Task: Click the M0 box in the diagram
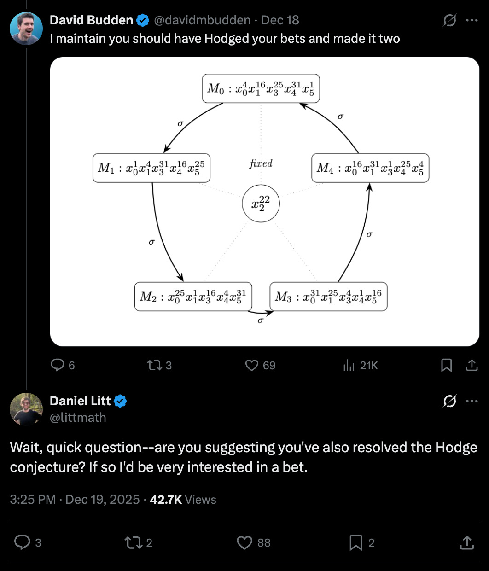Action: [261, 88]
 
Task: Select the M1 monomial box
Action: [151, 168]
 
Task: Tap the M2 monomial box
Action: [193, 297]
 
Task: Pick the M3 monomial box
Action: [328, 297]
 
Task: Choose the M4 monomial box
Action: [370, 168]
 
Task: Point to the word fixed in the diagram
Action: [261, 163]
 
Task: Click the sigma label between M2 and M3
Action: [260, 320]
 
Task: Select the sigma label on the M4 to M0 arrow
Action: [340, 117]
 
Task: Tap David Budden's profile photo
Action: [26, 29]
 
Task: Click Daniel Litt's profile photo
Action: [26, 409]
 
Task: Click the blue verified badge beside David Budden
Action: [143, 20]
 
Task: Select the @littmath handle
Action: [78, 417]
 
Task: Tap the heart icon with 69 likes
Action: [252, 365]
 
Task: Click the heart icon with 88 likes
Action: [244, 542]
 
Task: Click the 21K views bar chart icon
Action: [349, 365]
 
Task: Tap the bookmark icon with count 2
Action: [356, 542]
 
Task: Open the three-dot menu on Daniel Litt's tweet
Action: [472, 401]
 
